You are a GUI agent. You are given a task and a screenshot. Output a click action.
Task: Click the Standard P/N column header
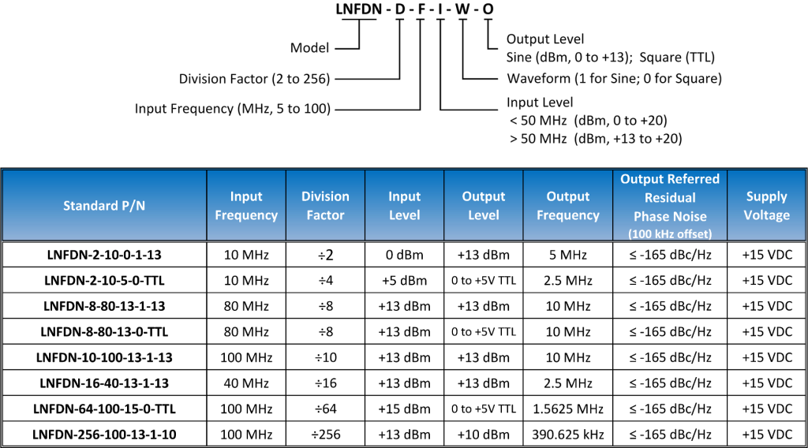point(104,206)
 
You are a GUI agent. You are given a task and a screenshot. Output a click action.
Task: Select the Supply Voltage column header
point(767,206)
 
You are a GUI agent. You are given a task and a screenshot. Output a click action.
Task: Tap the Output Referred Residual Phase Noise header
point(670,206)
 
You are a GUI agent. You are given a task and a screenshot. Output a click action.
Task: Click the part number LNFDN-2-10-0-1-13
point(104,255)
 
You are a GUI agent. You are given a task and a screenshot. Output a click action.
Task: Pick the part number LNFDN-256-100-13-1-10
point(104,435)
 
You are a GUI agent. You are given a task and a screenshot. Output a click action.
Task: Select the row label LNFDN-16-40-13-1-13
point(104,383)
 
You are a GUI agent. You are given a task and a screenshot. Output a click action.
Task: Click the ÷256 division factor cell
point(326,435)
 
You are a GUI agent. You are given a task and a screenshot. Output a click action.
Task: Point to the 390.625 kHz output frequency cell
point(568,435)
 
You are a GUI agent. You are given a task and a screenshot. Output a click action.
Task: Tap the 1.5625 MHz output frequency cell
point(568,409)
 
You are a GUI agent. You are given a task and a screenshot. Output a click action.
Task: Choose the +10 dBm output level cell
point(484,435)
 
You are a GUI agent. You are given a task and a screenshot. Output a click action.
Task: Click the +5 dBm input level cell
point(405,281)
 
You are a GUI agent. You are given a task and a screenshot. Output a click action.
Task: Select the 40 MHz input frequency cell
point(246,383)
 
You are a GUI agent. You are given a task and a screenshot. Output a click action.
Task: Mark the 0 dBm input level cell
point(405,255)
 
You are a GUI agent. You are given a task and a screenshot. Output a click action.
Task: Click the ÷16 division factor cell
point(326,383)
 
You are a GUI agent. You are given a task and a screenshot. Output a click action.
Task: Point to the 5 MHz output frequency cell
point(568,255)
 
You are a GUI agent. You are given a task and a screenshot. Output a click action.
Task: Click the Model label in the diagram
point(309,48)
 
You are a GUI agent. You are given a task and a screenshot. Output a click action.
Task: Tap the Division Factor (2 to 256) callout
point(254,79)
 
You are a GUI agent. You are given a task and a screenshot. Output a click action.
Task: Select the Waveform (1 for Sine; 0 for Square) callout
point(614,78)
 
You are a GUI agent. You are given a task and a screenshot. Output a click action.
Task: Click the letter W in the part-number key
point(462,9)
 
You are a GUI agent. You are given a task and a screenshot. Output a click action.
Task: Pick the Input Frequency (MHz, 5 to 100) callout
point(233,109)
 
